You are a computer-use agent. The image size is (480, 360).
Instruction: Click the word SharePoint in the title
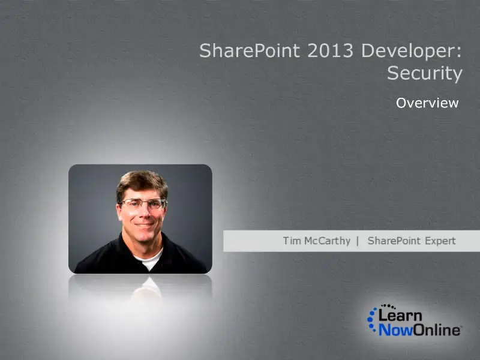coord(250,50)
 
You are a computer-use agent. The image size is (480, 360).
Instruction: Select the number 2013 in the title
coord(331,50)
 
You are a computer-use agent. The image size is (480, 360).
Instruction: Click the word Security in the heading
coord(425,73)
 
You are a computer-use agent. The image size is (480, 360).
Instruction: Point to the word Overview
coord(427,103)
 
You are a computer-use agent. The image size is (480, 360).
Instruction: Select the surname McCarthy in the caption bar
coord(327,241)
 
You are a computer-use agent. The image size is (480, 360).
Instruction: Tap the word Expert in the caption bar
coord(440,241)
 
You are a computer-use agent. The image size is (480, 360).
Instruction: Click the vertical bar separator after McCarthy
coord(358,241)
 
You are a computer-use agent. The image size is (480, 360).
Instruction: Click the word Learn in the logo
coord(400,315)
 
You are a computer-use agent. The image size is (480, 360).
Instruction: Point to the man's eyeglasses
coord(143,203)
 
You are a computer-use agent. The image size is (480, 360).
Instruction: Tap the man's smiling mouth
coord(144,224)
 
